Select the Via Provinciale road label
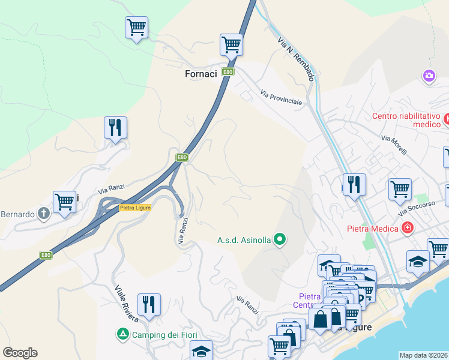coord(281,97)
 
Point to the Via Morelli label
coord(394,145)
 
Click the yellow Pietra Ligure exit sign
coord(135,207)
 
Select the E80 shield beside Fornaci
coord(228,72)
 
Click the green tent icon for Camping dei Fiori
coord(122,334)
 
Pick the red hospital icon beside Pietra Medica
coord(408,228)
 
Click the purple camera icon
coord(429,76)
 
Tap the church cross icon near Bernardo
coord(43,212)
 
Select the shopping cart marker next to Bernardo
coord(64,202)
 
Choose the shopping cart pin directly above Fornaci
coord(231,44)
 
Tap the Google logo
coord(20,353)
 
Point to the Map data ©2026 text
coord(424,355)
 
